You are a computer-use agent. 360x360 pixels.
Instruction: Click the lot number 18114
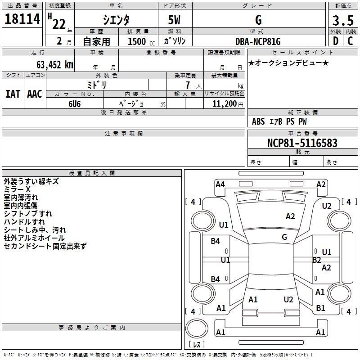coord(22,19)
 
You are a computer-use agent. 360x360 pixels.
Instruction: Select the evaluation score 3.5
coord(342,20)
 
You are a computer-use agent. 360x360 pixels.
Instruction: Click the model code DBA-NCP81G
coord(258,41)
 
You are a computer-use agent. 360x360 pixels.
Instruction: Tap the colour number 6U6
coord(75,103)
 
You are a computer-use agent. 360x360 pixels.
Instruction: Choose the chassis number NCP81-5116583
coord(302,144)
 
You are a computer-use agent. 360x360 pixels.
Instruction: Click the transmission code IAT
coord(13,94)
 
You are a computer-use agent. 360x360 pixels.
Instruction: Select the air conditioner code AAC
coord(35,94)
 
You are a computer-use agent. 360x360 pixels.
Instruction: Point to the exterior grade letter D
coord(335,41)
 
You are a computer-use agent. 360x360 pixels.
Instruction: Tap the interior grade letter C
coord(350,41)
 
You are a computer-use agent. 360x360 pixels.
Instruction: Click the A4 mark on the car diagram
coord(220,184)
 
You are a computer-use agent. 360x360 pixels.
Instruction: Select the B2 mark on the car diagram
coord(317,260)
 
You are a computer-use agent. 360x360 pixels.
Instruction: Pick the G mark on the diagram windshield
coord(284,237)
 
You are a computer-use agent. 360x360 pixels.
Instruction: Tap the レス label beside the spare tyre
coord(196,345)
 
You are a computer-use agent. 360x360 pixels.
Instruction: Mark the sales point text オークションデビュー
coord(288,63)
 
